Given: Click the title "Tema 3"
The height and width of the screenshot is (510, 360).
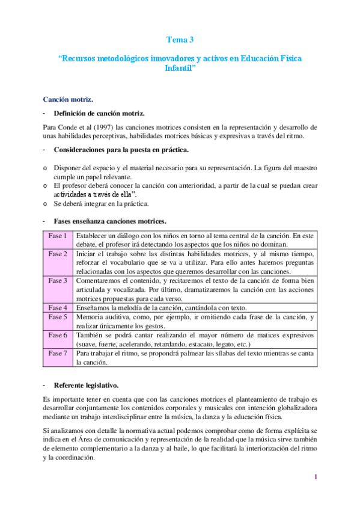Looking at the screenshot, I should (180, 40).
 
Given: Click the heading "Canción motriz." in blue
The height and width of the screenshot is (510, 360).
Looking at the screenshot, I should (67, 99).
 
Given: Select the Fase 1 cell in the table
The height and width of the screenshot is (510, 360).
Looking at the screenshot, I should (58, 235).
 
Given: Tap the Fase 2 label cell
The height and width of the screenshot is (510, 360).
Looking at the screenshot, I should (58, 255).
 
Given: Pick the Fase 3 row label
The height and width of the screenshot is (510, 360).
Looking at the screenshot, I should (58, 281).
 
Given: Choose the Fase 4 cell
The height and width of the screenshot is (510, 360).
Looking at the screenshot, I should (58, 307).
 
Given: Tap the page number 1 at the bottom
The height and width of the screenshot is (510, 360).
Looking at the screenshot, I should (314, 477).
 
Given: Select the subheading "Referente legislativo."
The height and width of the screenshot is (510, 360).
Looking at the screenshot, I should (86, 384).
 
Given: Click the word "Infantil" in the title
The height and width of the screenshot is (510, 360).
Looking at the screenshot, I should (180, 69).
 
